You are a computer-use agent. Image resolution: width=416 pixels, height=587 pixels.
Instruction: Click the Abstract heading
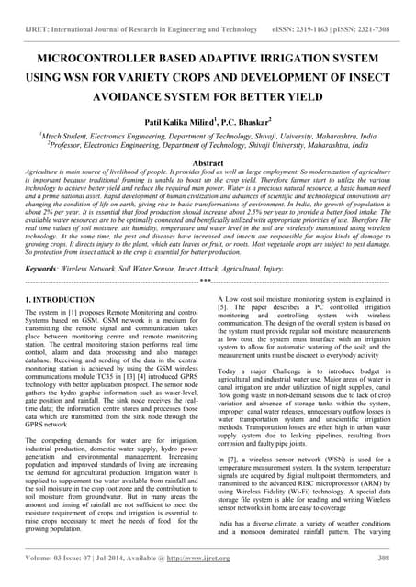coord(208,161)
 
